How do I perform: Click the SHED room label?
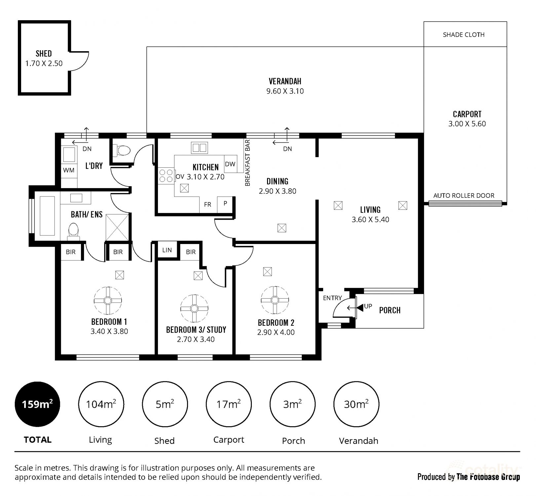(44, 54)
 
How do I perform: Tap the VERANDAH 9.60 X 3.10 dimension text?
(285, 91)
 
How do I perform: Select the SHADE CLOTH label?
(464, 35)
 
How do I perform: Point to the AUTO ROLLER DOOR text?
(464, 195)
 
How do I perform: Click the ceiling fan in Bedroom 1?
(108, 300)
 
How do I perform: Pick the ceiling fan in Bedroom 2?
(275, 300)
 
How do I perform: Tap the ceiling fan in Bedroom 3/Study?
(194, 308)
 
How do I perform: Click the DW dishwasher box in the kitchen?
(230, 164)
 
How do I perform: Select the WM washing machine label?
(69, 170)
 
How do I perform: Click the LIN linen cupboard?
(167, 250)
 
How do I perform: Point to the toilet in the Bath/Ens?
(73, 231)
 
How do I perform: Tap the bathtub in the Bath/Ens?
(47, 216)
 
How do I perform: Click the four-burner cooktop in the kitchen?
(166, 176)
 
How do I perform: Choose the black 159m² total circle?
(37, 404)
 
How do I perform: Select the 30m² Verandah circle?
(356, 404)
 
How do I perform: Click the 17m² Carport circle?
(228, 404)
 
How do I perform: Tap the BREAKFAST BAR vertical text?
(248, 163)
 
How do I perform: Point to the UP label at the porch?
(368, 306)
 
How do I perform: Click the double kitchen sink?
(199, 147)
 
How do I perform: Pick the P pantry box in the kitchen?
(225, 203)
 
